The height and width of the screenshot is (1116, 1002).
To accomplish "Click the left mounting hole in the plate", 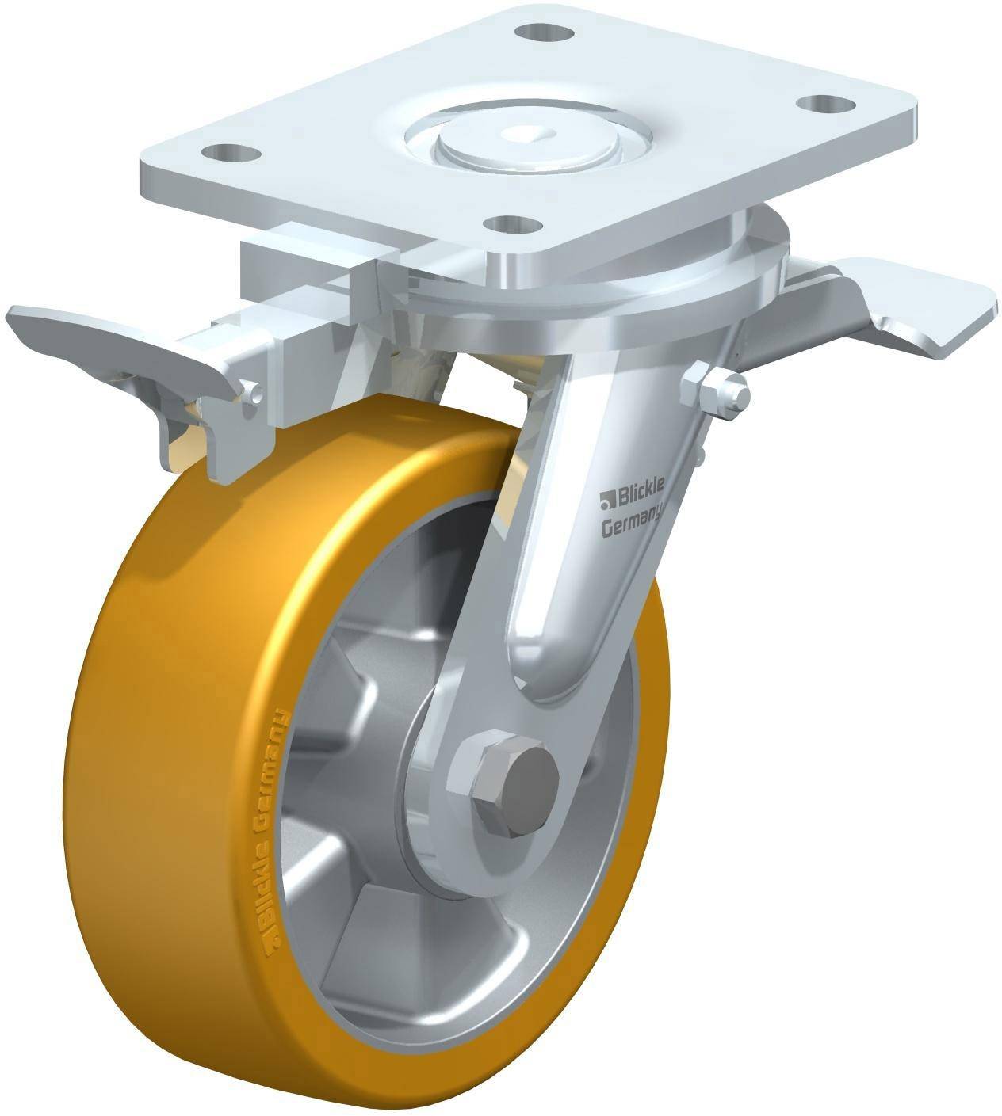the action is tap(231, 151).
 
